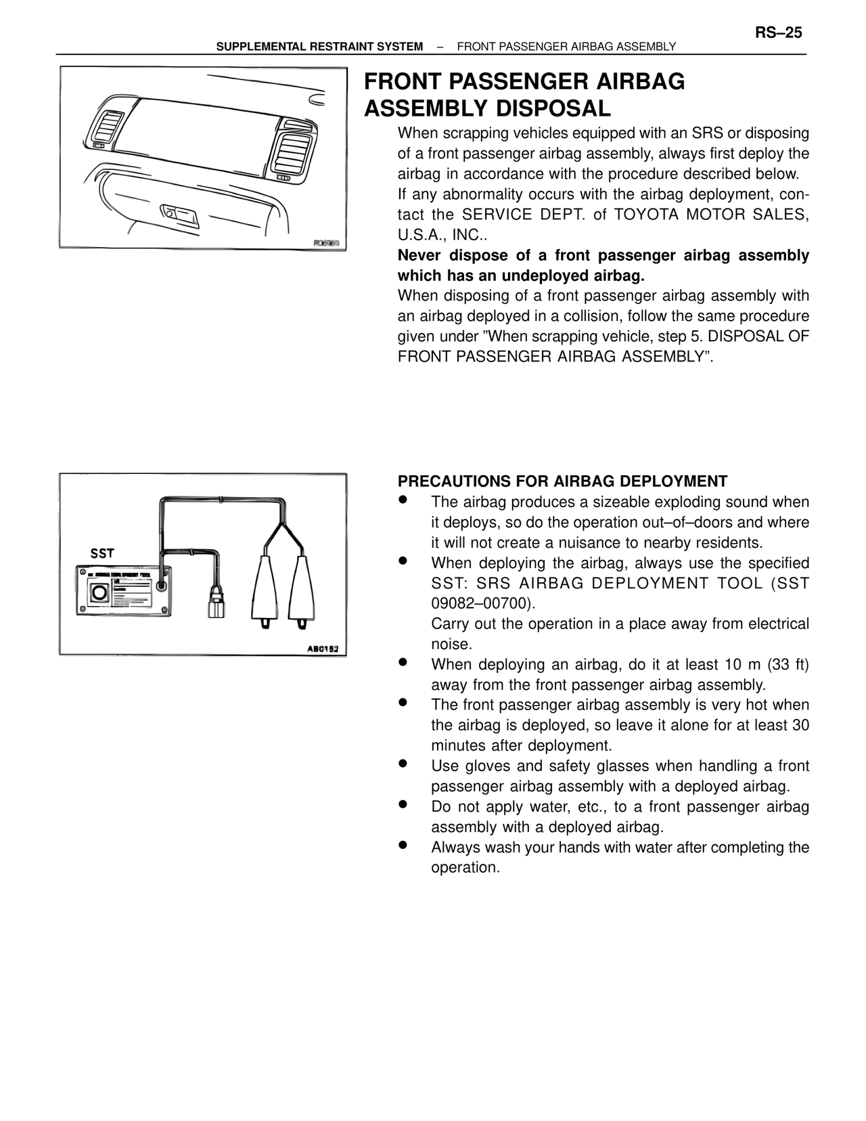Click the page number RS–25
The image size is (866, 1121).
(778, 32)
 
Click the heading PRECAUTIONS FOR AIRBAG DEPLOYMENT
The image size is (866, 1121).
(562, 481)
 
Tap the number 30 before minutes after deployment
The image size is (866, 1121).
(800, 725)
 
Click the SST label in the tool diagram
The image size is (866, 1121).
(102, 553)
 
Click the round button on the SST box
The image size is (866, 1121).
(99, 592)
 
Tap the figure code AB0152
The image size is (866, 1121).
(326, 649)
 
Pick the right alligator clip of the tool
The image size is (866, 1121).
(300, 588)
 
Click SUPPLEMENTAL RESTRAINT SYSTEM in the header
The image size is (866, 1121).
(319, 47)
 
